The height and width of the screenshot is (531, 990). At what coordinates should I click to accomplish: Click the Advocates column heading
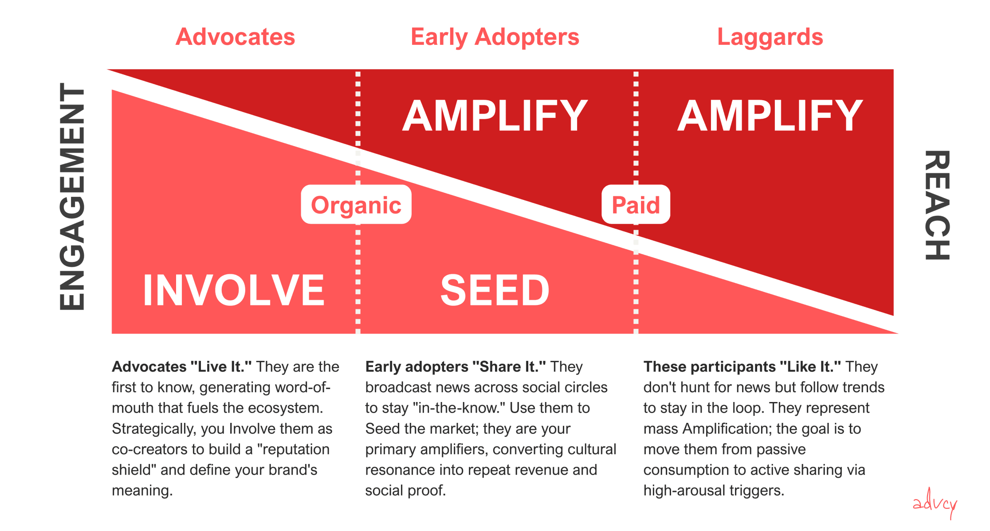tap(235, 37)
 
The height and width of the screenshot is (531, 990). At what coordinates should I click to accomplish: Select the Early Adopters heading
tap(495, 37)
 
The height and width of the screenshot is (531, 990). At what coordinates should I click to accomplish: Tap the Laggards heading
tap(770, 37)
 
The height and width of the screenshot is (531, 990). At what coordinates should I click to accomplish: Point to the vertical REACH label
tap(937, 205)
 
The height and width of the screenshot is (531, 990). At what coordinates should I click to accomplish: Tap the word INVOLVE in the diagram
tap(234, 290)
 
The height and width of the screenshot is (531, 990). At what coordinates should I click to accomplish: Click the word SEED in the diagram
tap(495, 290)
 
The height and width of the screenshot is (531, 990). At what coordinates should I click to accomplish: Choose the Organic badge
tap(356, 205)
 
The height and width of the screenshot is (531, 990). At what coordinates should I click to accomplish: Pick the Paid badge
tap(635, 205)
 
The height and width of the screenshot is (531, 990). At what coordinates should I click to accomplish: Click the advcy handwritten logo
tap(935, 504)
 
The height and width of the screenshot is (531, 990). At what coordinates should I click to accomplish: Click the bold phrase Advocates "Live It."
tap(181, 367)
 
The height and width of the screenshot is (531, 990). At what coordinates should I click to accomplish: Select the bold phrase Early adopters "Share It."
tap(455, 367)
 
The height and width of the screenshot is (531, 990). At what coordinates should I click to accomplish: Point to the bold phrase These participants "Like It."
tap(742, 367)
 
